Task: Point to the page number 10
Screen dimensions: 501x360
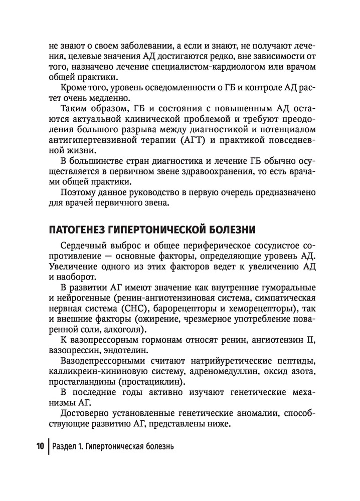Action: (41, 446)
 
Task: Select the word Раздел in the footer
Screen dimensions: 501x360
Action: (68, 446)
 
